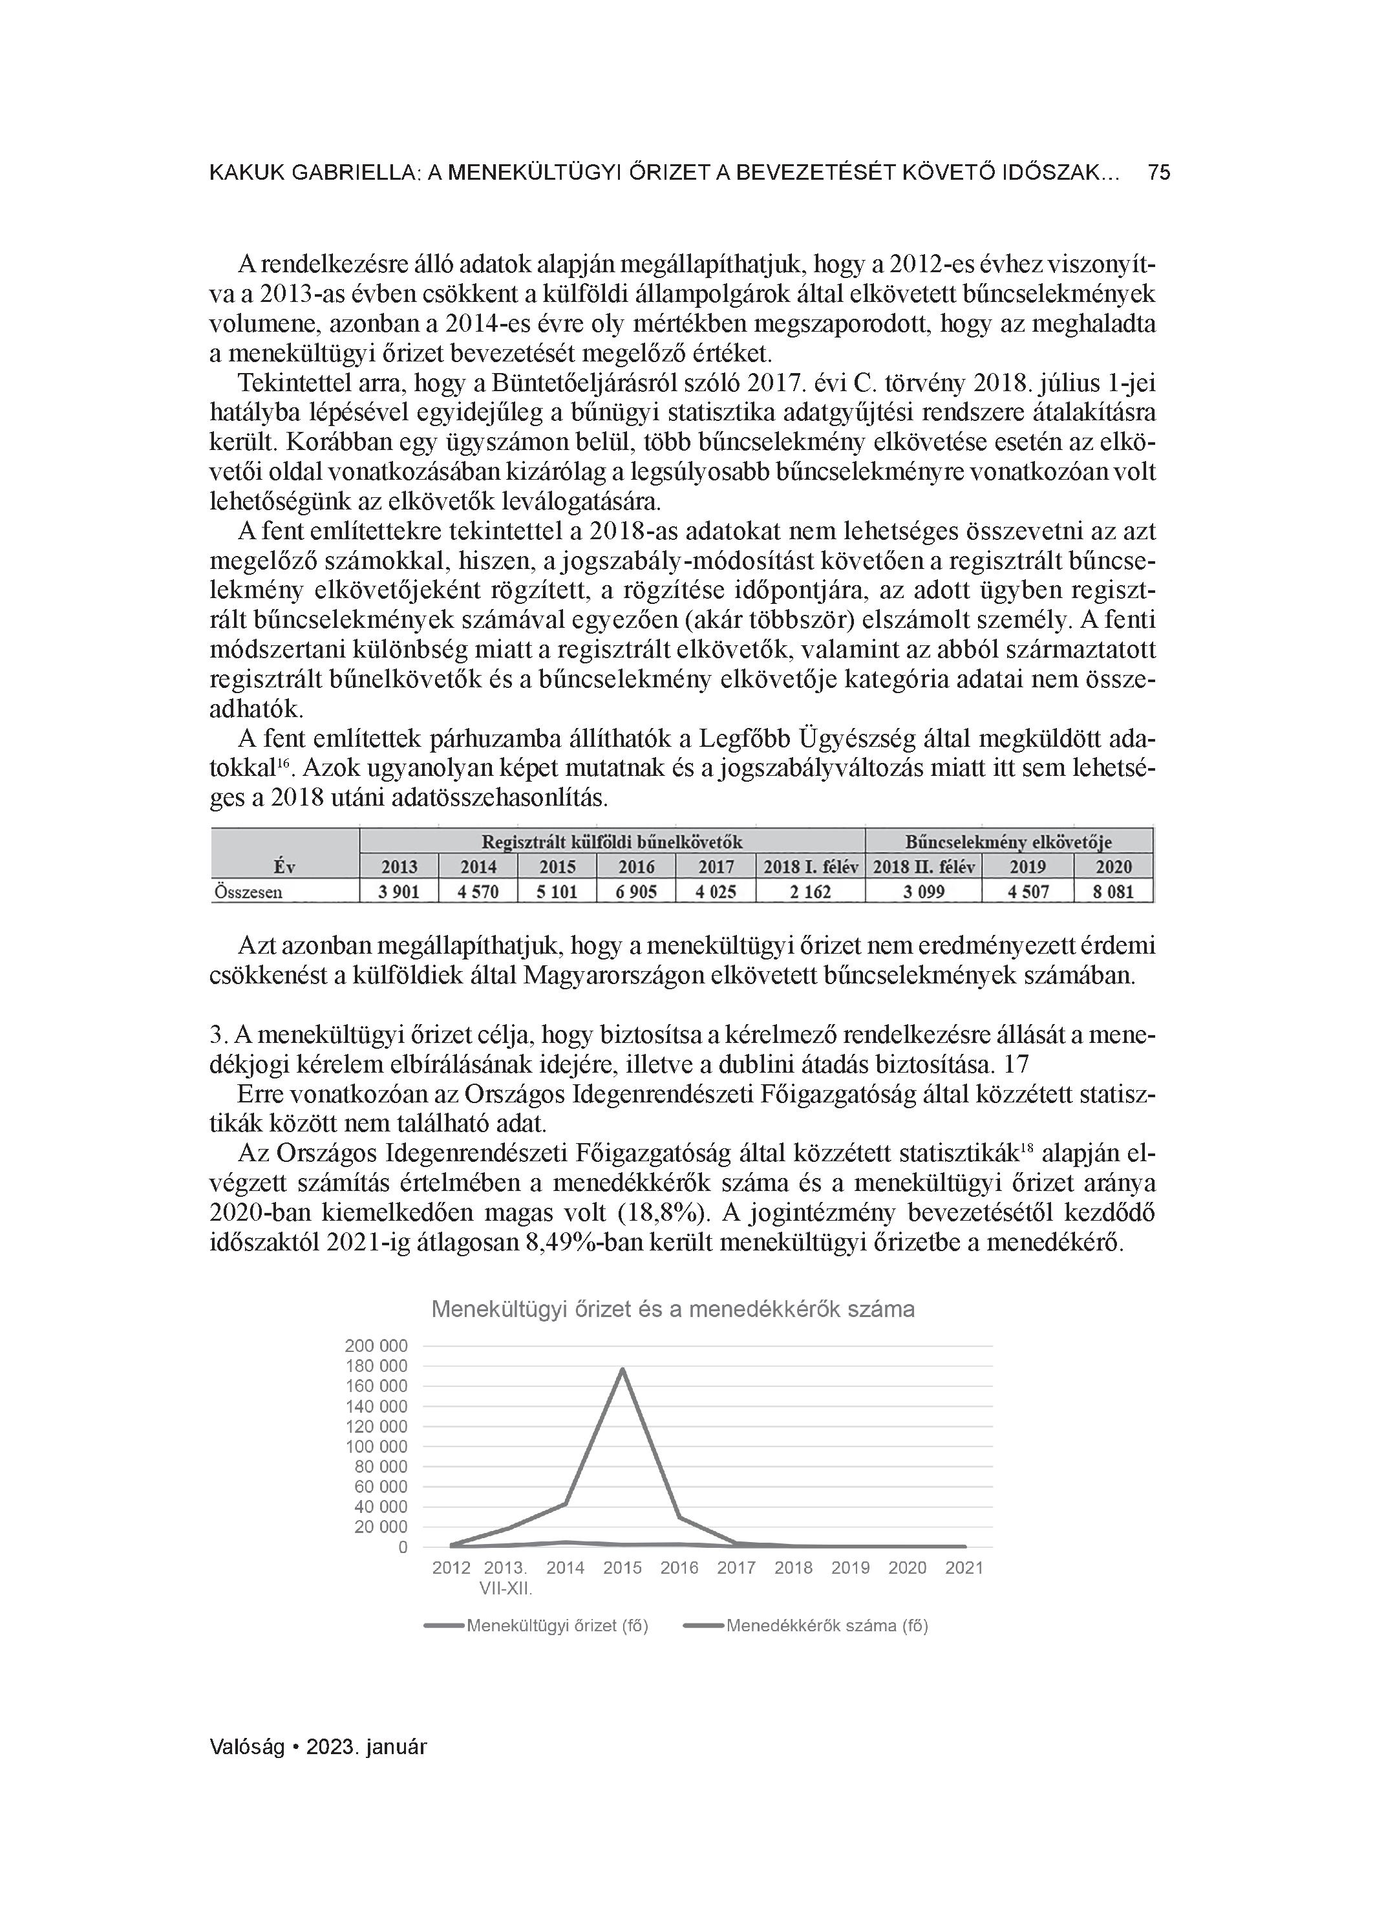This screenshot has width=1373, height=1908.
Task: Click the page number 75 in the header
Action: pos(1158,173)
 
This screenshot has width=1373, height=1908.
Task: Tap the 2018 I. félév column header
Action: pos(810,866)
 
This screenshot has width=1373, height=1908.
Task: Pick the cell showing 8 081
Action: pos(1112,891)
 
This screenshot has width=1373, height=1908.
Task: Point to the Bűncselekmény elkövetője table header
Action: pos(1008,842)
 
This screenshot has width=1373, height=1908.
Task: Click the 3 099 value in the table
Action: pos(923,891)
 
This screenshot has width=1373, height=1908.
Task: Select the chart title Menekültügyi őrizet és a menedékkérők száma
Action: pos(672,1309)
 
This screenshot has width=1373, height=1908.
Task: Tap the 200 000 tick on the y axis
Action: pos(376,1346)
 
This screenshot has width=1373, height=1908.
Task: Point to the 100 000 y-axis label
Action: pos(376,1447)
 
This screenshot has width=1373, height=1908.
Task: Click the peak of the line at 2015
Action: pos(623,1369)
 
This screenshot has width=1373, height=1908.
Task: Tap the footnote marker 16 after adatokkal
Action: pos(284,763)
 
